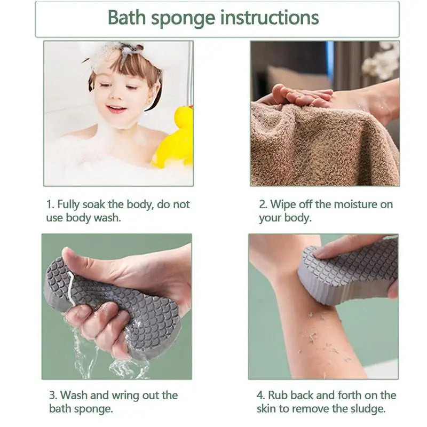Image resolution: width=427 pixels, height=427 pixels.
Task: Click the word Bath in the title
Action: coord(126,18)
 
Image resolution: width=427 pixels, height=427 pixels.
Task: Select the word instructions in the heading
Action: coord(270,18)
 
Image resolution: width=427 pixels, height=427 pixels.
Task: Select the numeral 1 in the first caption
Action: coord(50,204)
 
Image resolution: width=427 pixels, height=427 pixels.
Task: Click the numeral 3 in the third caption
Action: coord(53,396)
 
